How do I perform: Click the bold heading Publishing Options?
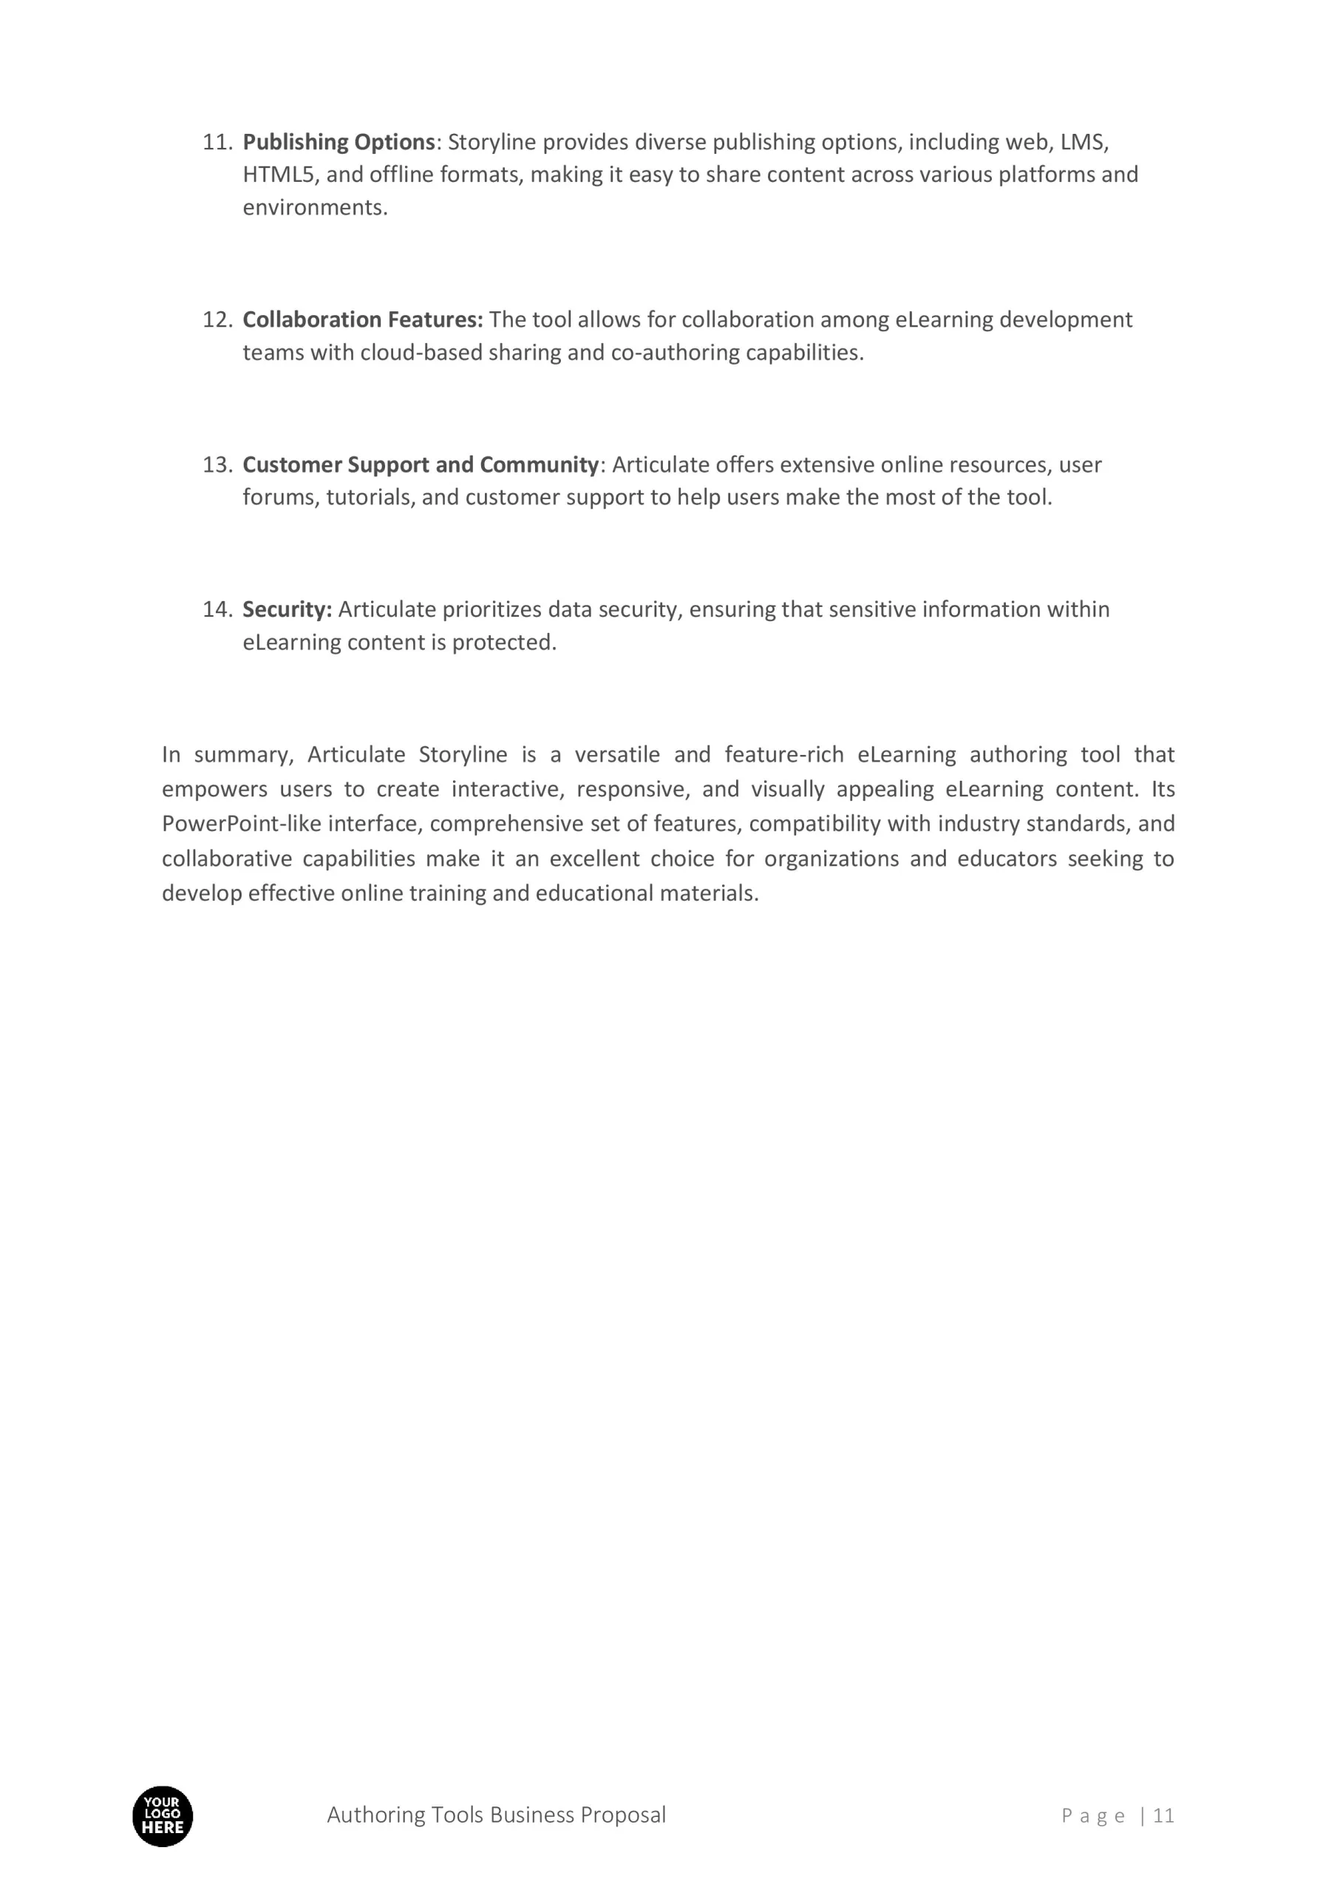click(338, 143)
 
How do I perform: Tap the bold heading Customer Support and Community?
click(421, 465)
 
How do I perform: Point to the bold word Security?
click(287, 609)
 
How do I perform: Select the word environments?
click(314, 208)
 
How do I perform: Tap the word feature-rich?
click(784, 754)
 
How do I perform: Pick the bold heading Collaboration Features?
click(363, 320)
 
